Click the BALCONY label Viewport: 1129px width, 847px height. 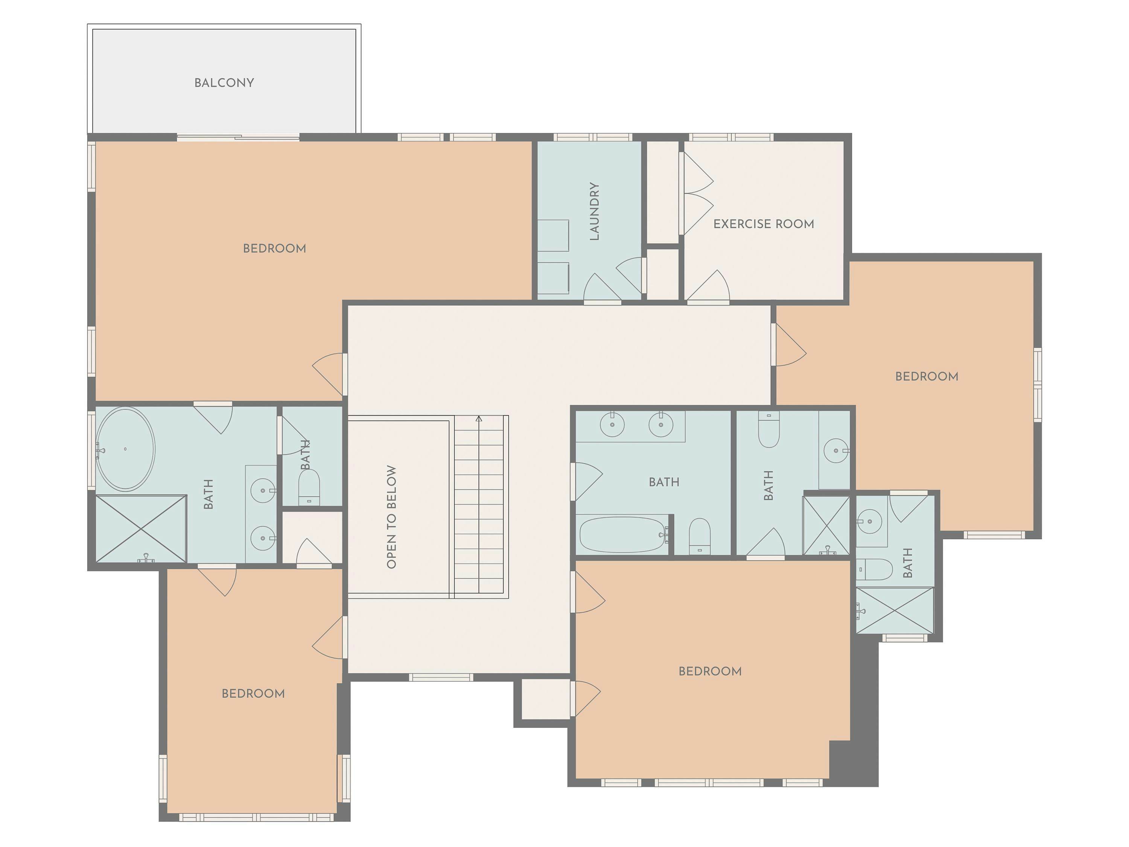pos(224,83)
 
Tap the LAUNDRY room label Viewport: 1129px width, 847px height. pos(595,211)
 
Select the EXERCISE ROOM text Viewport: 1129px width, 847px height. pos(764,224)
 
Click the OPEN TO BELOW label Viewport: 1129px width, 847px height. pos(391,517)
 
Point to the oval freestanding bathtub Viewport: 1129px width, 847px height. pos(125,449)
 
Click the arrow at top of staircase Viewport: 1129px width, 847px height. pos(479,419)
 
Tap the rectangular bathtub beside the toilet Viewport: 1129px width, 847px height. pos(623,535)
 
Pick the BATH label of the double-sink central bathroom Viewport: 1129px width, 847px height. pos(663,482)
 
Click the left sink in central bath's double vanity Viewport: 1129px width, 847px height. pos(612,424)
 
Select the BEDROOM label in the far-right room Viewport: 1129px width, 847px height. pos(927,377)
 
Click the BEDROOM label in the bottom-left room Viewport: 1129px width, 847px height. pos(253,693)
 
